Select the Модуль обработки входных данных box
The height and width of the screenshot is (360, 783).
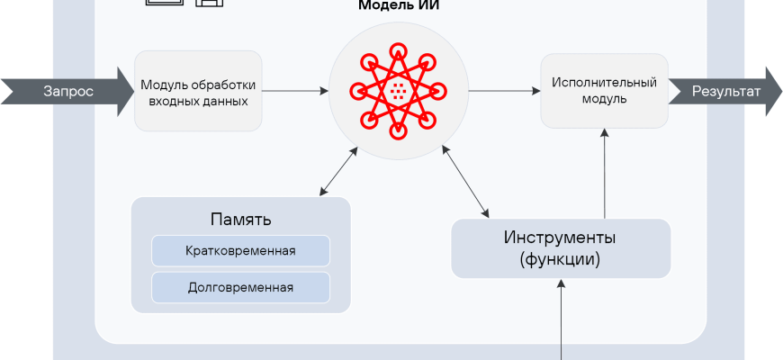[x=198, y=92]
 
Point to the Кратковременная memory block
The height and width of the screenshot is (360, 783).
[x=240, y=250]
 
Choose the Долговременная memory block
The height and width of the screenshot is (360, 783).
[x=240, y=288]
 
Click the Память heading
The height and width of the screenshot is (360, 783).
[x=240, y=220]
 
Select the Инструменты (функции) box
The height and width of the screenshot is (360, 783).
[x=560, y=248]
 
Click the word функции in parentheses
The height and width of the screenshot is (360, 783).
[x=560, y=259]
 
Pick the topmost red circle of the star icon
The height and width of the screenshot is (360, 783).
[x=397, y=43]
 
